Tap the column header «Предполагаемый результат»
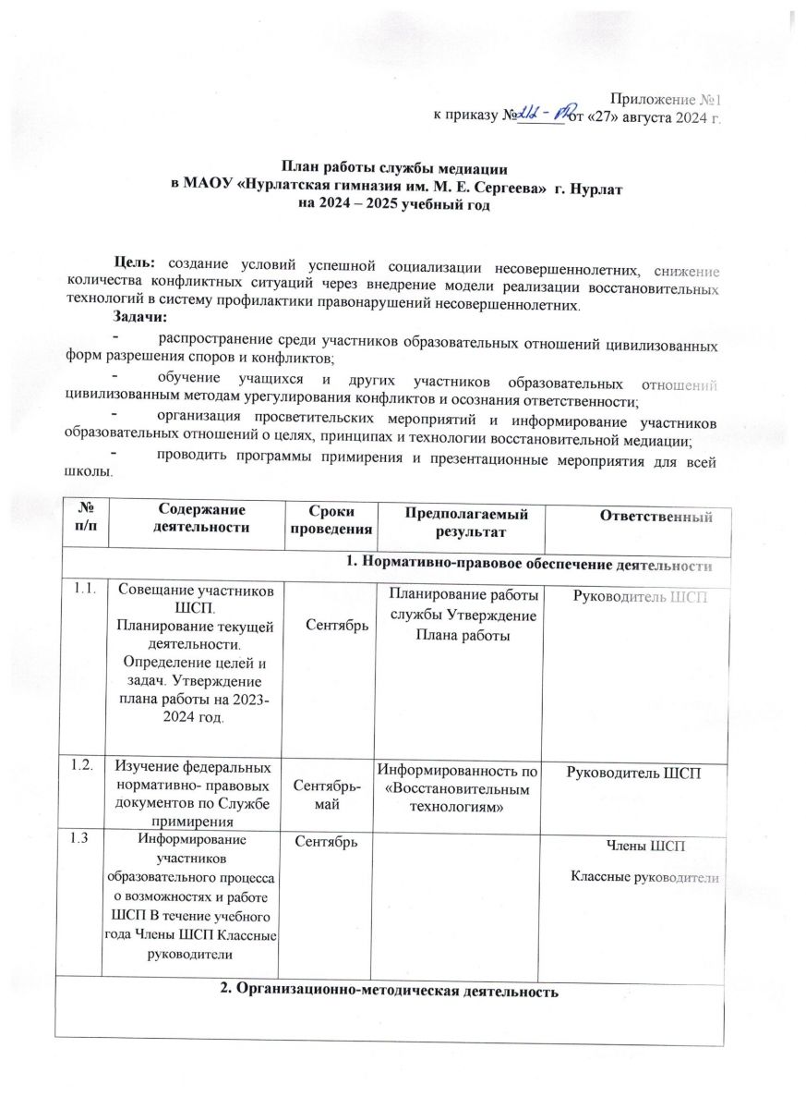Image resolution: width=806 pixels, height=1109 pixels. point(459,518)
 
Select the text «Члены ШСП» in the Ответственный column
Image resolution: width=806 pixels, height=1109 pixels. point(644,846)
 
